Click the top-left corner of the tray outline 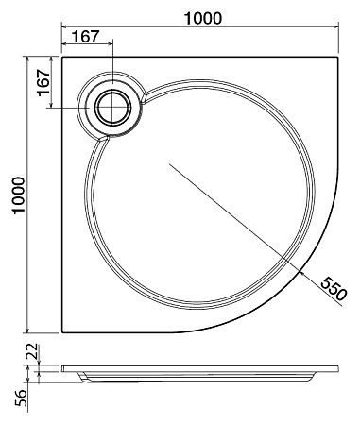click(x=62, y=56)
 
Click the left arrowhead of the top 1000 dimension click(x=65, y=27)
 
